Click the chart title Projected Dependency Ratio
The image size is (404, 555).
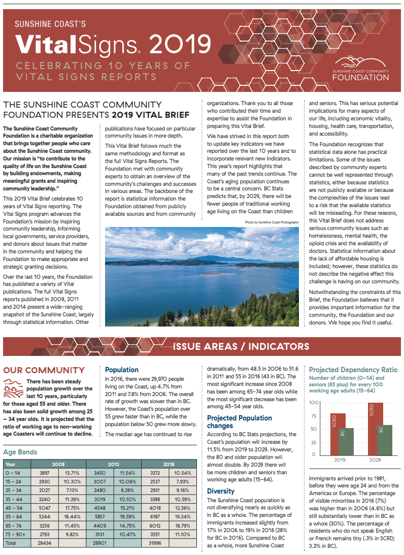[x=353, y=370]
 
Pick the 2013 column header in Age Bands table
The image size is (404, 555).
[x=114, y=464]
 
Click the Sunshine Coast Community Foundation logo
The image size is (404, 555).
[x=361, y=69]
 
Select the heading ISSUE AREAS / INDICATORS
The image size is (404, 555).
[x=241, y=347]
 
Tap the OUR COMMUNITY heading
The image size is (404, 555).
[x=44, y=370]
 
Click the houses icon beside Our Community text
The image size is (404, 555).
[x=13, y=388]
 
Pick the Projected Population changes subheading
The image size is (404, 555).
[x=239, y=421]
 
